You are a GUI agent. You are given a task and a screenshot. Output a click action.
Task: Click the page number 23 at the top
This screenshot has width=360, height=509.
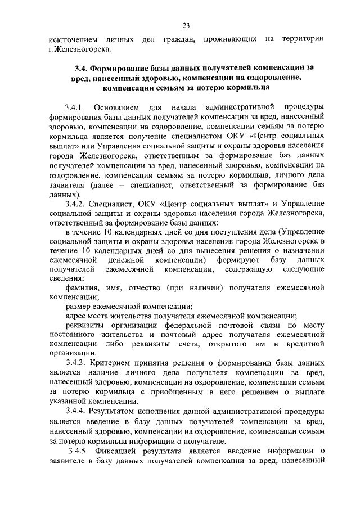click(186, 24)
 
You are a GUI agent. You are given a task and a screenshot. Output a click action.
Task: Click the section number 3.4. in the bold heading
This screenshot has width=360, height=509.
click(83, 67)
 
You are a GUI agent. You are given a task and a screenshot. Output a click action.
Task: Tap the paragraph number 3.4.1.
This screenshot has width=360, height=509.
click(75, 107)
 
